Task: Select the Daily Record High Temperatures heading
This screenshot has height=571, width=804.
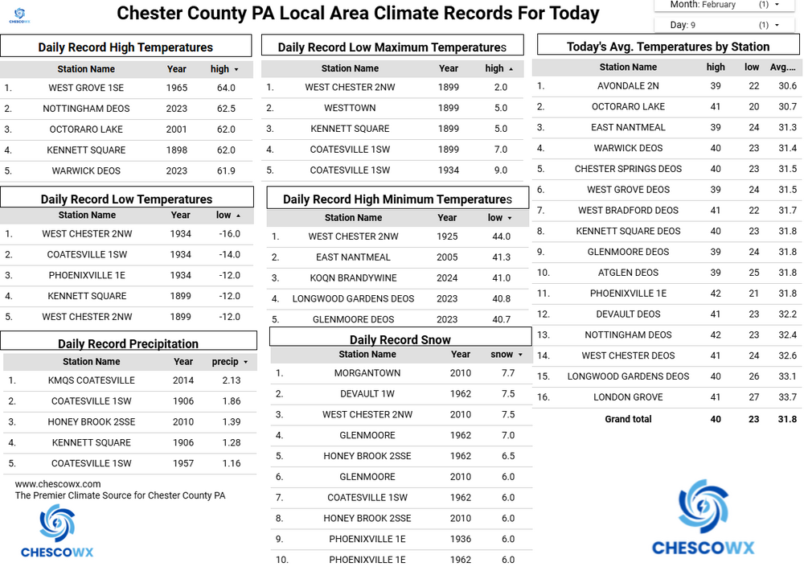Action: point(125,47)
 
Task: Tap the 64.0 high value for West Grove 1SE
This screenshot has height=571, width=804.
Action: point(226,88)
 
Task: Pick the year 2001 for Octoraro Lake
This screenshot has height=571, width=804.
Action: point(177,129)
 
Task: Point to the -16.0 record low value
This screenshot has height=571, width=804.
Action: point(229,234)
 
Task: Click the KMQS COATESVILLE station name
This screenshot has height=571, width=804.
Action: point(91,380)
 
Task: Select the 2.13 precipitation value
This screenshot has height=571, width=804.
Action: point(232,380)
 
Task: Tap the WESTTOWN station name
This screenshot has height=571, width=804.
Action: point(350,108)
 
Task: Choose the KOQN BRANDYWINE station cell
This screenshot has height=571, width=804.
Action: point(353,278)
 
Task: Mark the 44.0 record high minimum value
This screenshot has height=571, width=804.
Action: point(500,236)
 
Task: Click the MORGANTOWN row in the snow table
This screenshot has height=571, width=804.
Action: point(367,373)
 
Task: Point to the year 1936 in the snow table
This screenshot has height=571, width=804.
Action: point(461,539)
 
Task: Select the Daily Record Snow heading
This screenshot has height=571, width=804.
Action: point(400,340)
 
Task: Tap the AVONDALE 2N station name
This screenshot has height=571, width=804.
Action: point(628,86)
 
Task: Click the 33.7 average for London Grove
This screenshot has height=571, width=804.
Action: point(787,397)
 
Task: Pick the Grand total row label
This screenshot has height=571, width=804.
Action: point(628,419)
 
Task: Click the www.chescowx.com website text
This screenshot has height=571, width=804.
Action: point(58,484)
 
